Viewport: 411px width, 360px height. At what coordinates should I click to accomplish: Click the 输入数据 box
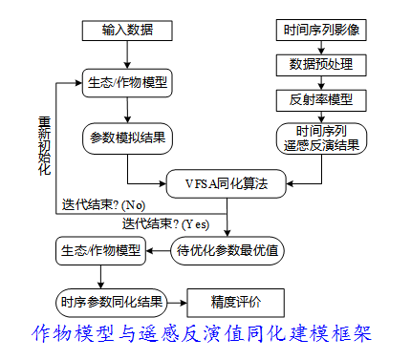point(127,31)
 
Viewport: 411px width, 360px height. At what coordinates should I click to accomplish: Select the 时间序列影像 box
point(320,31)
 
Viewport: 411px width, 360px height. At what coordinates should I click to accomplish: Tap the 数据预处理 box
point(320,64)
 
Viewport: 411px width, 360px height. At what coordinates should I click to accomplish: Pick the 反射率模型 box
point(320,98)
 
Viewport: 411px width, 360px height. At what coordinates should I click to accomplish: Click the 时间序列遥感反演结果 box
point(320,138)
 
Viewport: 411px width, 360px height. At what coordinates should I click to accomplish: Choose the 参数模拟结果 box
point(127,137)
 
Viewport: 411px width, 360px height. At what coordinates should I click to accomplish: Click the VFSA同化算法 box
point(227,181)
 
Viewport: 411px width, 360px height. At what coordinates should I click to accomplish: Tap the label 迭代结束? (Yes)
point(165,223)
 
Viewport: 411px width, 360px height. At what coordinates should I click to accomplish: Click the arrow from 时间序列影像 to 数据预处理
point(320,48)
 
